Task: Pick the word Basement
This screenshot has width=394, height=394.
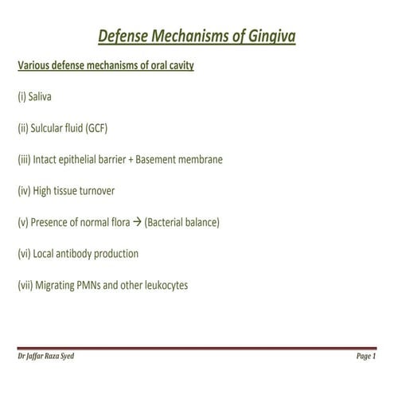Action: [158, 159]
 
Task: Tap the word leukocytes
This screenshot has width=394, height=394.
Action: [162, 284]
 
